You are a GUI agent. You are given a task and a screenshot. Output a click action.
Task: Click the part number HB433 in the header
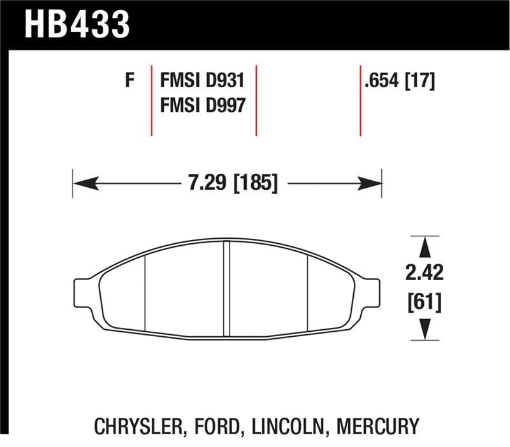[x=77, y=24]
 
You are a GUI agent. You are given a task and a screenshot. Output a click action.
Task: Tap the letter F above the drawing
[x=130, y=82]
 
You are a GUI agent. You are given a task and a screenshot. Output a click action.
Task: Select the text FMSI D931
[x=202, y=82]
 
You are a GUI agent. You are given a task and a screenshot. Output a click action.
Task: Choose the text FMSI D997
[x=202, y=104]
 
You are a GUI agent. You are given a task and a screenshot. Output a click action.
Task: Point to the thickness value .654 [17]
[x=400, y=82]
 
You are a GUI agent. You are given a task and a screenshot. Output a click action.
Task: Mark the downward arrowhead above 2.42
[x=424, y=248]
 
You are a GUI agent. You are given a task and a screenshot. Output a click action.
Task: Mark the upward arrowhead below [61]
[x=424, y=328]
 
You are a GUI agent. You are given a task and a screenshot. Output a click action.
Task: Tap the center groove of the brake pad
[x=226, y=290]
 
